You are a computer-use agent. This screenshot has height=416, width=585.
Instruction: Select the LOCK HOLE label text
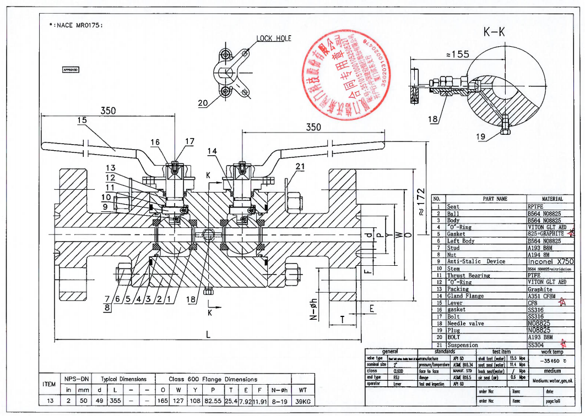(274, 39)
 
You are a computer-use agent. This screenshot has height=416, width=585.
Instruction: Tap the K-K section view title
(494, 32)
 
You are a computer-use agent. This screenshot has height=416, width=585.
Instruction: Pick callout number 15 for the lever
(82, 120)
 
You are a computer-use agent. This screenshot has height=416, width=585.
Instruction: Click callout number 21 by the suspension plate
(300, 166)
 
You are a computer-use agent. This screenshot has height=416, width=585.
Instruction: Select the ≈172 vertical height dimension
(421, 202)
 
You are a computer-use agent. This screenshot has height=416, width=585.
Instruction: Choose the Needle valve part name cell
(466, 324)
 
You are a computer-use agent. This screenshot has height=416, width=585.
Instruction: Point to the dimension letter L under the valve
(208, 334)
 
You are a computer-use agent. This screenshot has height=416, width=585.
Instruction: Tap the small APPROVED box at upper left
(72, 70)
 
